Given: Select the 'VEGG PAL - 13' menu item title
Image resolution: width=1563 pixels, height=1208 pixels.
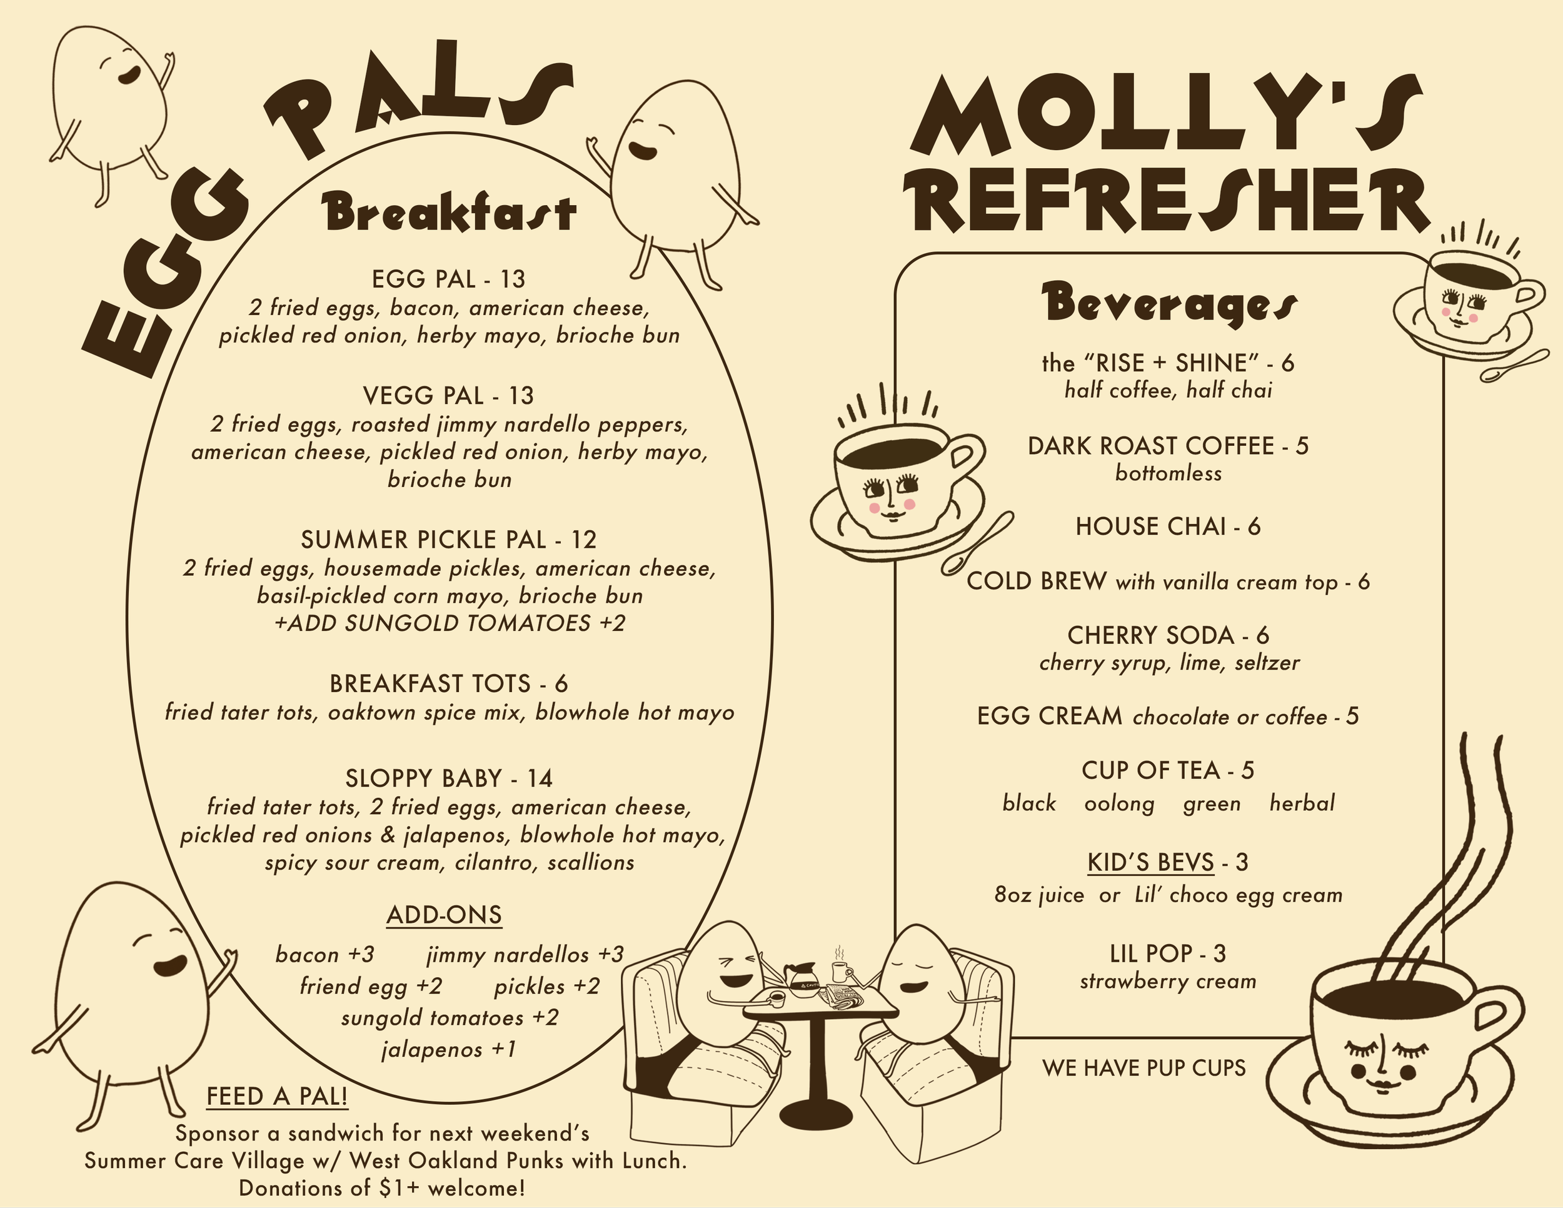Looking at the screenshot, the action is [449, 395].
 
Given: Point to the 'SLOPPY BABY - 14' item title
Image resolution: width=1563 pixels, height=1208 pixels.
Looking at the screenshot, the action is [449, 778].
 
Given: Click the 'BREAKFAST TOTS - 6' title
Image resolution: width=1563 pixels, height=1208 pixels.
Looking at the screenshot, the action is [449, 683].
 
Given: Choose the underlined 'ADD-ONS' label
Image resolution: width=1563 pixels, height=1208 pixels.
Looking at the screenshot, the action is [444, 915].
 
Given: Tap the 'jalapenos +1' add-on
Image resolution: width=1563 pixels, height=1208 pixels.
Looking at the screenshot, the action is [449, 1050].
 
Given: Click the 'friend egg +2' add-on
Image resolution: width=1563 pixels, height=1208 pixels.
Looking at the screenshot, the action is [371, 986].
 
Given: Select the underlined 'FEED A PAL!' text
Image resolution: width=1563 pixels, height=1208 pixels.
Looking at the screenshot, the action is [277, 1096].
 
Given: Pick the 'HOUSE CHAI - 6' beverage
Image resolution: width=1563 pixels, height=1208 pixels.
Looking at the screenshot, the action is [1168, 526].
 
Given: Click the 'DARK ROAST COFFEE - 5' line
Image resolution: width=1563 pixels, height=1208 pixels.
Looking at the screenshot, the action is [1168, 446].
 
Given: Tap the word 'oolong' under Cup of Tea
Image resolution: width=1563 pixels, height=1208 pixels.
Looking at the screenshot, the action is [1119, 803].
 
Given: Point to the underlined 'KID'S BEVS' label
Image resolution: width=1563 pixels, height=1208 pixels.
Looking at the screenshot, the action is [1151, 862].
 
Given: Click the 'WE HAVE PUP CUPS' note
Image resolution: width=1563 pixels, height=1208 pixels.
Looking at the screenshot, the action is [1143, 1069].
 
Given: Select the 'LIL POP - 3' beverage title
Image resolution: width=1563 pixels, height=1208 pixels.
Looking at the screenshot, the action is [1168, 954].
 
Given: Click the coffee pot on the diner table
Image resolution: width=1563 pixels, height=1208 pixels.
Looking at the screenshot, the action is [797, 974].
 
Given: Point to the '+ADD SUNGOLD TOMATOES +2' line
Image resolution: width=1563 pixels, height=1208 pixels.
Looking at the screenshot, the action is [449, 623].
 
